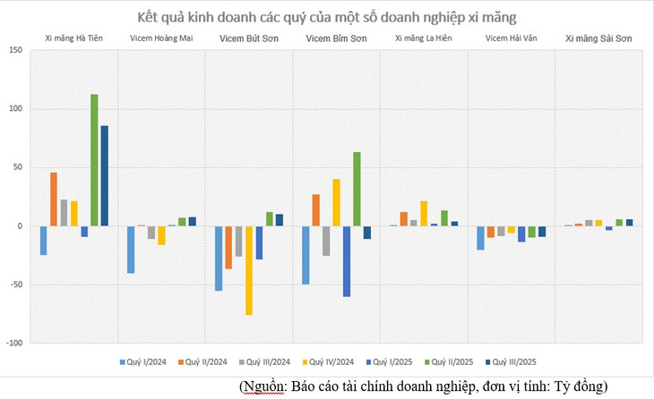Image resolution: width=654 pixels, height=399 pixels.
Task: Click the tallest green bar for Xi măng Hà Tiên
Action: tap(94, 160)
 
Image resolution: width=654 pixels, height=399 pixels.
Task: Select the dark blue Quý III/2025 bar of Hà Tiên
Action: tap(105, 175)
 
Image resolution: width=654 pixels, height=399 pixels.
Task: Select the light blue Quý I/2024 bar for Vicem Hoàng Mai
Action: tap(131, 250)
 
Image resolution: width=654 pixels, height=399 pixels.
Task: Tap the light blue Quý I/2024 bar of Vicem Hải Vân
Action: tap(481, 238)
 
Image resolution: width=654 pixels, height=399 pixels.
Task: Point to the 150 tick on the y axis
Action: tap(15, 51)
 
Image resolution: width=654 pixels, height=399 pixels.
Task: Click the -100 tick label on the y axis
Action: tap(13, 344)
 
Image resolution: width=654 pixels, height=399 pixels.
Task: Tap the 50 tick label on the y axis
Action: tap(17, 168)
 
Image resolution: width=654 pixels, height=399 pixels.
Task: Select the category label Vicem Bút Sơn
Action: tap(247, 38)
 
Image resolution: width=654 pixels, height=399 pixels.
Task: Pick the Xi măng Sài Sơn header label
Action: tap(597, 38)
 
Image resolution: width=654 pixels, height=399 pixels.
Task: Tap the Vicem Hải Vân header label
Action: tap(509, 38)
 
